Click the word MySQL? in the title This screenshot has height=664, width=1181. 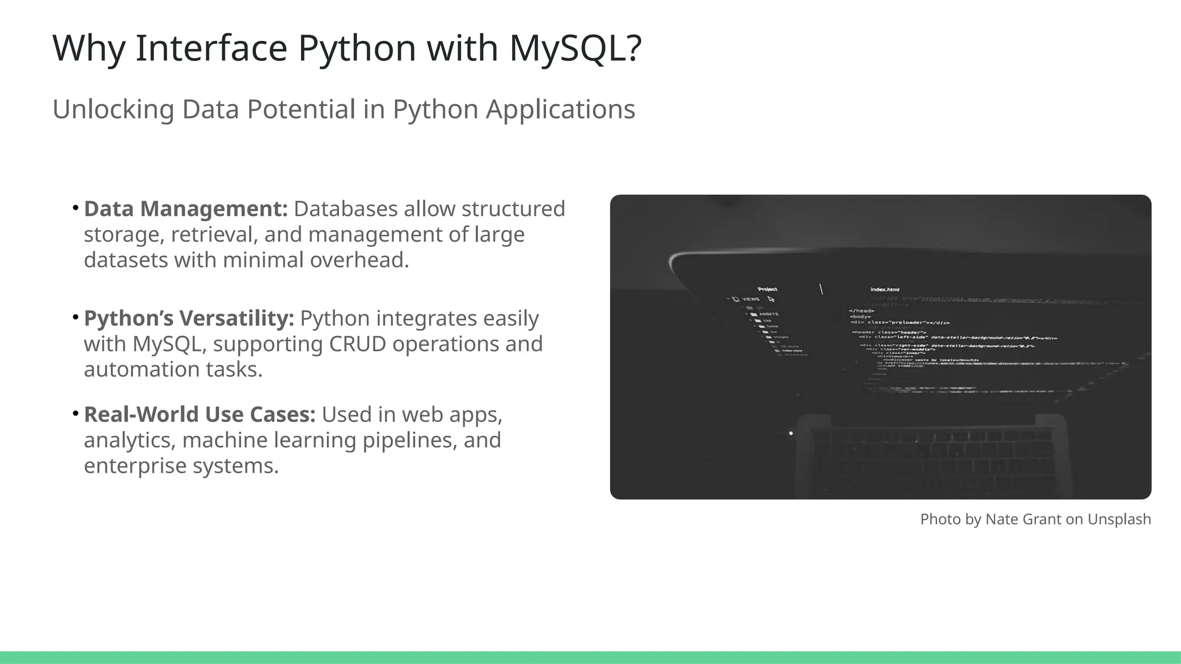(575, 48)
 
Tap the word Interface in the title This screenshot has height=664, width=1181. (211, 48)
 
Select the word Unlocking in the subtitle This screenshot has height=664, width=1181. (113, 110)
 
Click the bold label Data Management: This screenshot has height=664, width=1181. (186, 209)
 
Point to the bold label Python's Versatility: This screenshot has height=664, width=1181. (189, 319)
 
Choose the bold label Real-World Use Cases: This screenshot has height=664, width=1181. (200, 415)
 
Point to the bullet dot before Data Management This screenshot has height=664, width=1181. (76, 207)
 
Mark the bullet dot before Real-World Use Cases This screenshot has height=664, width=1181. (76, 413)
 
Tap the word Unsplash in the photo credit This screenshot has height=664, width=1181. (1119, 519)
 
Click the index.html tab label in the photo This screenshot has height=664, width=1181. (885, 289)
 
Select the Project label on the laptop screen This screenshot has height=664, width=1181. (767, 289)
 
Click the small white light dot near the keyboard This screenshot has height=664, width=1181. (791, 433)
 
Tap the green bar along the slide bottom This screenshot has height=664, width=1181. (590, 657)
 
